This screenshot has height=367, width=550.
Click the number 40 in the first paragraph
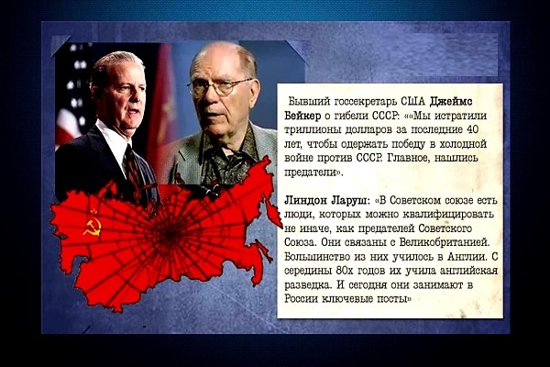[472, 129]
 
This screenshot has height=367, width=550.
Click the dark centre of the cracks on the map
[170, 232]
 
